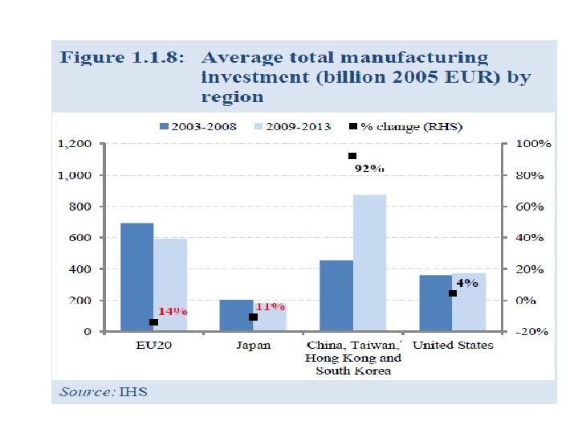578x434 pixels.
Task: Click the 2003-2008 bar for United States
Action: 436,303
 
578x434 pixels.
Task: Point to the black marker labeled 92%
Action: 352,156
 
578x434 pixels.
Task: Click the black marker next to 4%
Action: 453,293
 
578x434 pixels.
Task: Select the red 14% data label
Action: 171,311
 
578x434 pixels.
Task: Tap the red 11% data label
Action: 270,306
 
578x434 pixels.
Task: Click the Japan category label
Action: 253,346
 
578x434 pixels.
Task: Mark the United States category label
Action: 453,346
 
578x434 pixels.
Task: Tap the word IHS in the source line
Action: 133,392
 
